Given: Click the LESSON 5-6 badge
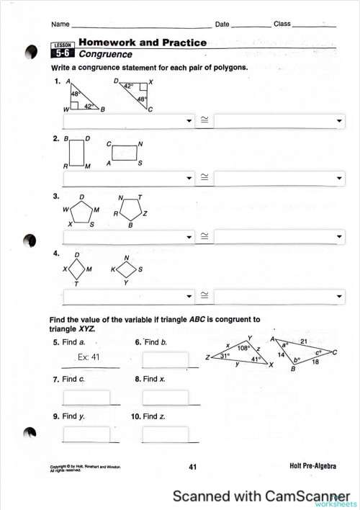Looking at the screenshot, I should point(63,50).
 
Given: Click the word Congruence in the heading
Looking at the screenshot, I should point(105,54).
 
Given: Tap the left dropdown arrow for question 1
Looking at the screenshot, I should point(190,121).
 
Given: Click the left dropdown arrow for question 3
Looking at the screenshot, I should point(190,236).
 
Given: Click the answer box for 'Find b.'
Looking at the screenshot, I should point(165,359).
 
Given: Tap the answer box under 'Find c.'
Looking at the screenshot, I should point(86,397).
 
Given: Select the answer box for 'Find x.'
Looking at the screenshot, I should point(165,397).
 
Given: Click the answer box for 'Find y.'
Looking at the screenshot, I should point(86,434).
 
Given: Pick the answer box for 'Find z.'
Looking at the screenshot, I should point(165,434).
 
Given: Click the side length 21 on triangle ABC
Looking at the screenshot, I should point(303,341).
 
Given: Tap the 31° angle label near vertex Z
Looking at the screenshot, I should point(225,356).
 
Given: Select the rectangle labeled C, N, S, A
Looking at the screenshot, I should point(125,153).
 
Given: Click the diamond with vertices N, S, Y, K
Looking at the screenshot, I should point(127,270).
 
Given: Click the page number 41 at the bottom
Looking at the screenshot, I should point(192,467).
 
